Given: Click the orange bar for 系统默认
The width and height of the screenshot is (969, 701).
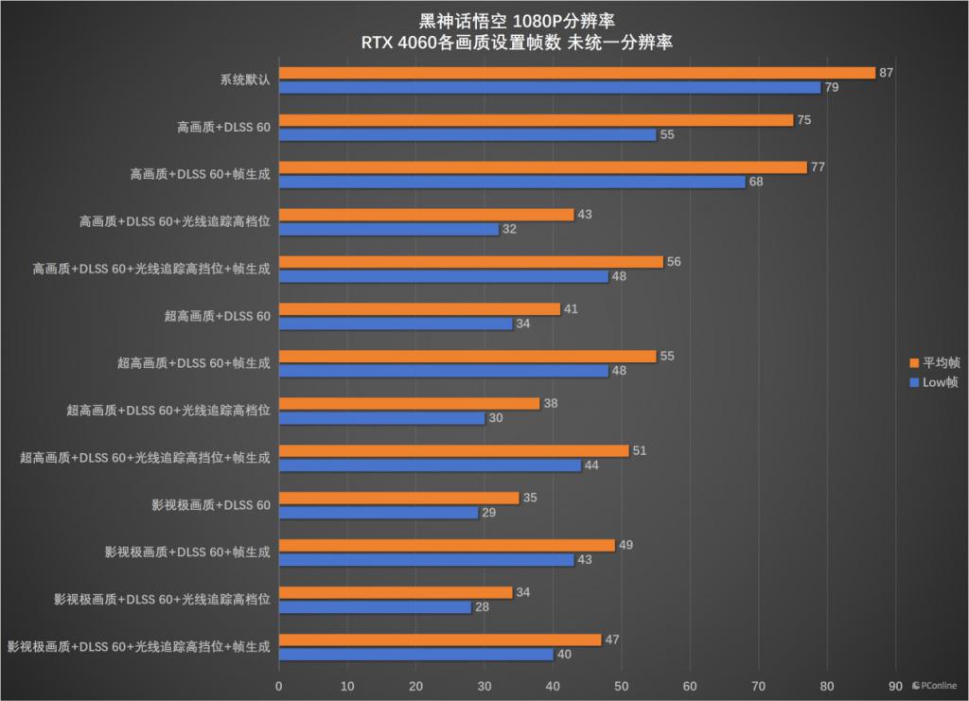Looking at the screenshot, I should pyautogui.click(x=577, y=73).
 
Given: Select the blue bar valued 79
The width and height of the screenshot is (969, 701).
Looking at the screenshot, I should pyautogui.click(x=550, y=88).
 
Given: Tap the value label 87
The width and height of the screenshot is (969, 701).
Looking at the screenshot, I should pyautogui.click(x=887, y=73).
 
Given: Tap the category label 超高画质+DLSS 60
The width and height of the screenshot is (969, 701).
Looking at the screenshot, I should pyautogui.click(x=217, y=316).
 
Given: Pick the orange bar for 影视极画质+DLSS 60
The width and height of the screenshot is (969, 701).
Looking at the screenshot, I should pyautogui.click(x=398, y=498).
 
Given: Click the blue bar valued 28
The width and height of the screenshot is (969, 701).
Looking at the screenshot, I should pyautogui.click(x=375, y=607).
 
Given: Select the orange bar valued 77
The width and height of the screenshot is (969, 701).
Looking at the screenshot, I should pyautogui.click(x=543, y=167).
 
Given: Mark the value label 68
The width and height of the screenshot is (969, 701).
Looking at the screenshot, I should pyautogui.click(x=756, y=182).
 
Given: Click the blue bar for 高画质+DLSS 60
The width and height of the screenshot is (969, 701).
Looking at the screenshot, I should pyautogui.click(x=467, y=135).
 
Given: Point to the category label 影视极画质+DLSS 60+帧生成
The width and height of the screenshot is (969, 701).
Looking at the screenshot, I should pyautogui.click(x=187, y=552).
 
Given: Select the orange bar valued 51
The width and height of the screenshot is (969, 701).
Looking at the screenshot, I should pyautogui.click(x=453, y=450).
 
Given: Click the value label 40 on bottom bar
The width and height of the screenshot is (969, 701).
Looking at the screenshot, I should pyautogui.click(x=564, y=655).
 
